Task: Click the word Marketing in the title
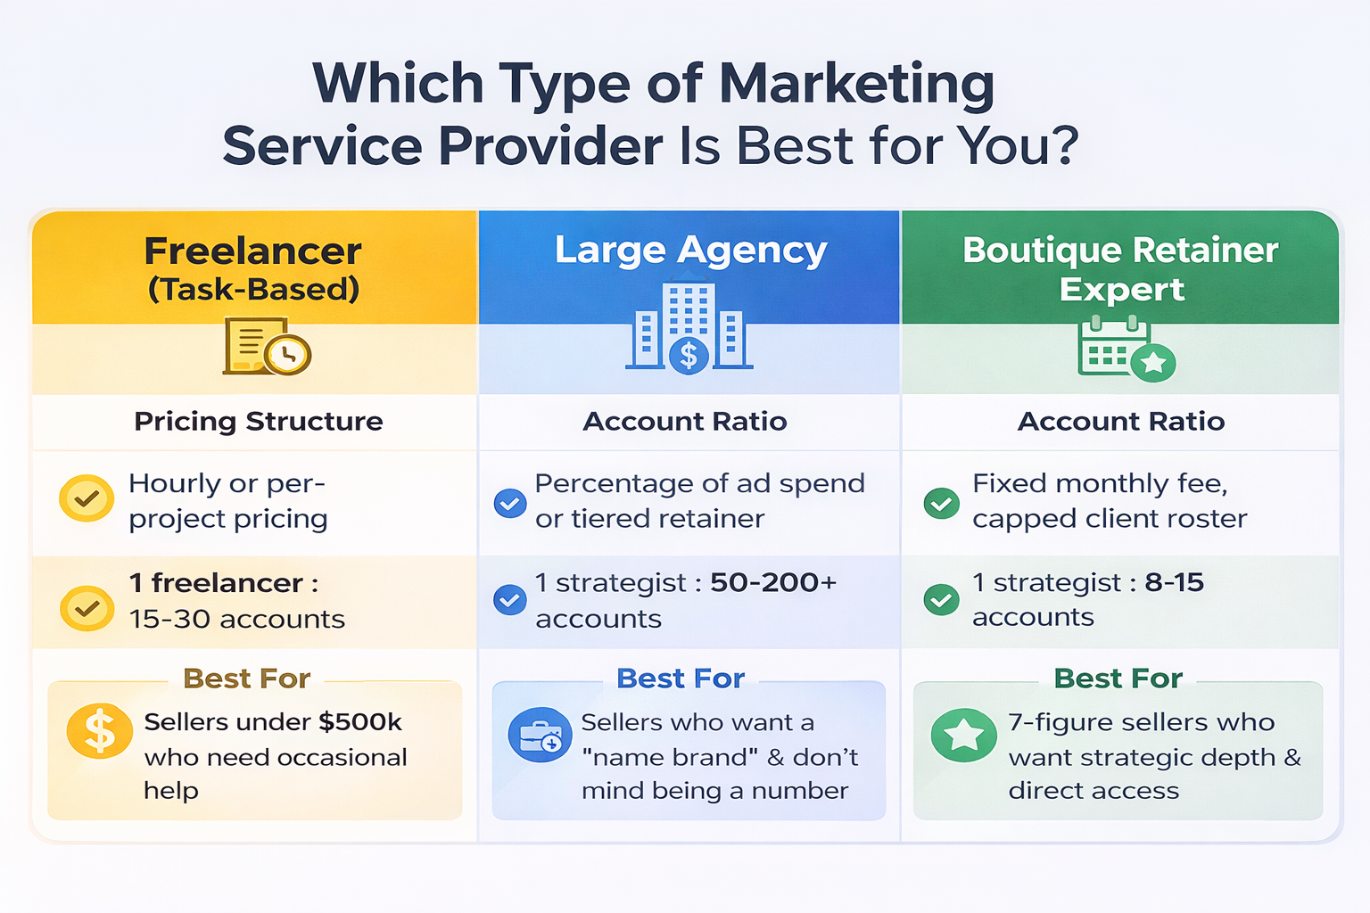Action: coord(856,85)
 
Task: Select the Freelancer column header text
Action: coord(253,251)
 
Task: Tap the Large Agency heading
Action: coord(690,251)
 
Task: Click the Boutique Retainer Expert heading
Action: coord(1120,269)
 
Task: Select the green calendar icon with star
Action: coord(1126,350)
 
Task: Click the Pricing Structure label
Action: coord(259,422)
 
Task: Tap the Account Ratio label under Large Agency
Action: coord(685,422)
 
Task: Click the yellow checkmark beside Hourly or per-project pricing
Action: coord(87,498)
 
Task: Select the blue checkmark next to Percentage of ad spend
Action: coord(510,503)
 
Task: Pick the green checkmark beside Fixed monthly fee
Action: coord(941,503)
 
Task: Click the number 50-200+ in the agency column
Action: coord(773,583)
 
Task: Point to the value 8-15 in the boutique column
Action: coord(1174,583)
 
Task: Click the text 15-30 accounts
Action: coord(237,619)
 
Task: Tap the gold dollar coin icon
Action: coord(99,732)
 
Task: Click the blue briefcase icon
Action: coord(540,736)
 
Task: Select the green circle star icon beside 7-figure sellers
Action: coord(963,736)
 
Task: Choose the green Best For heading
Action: coord(1118,679)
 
